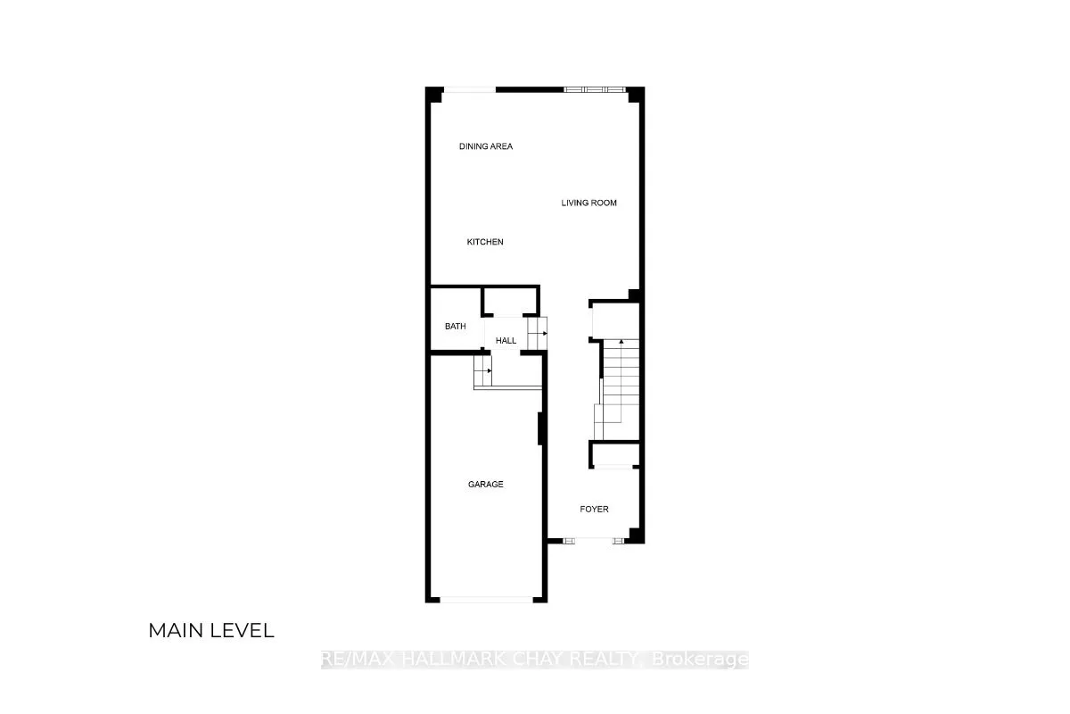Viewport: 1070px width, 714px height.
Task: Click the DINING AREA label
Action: pyautogui.click(x=486, y=146)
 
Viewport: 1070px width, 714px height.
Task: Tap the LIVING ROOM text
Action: pyautogui.click(x=588, y=203)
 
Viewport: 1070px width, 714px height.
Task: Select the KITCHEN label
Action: pyautogui.click(x=485, y=242)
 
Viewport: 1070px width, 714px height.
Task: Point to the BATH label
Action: pyautogui.click(x=455, y=327)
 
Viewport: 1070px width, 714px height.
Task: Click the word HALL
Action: pyautogui.click(x=506, y=341)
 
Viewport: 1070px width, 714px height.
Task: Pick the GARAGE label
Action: pyautogui.click(x=485, y=485)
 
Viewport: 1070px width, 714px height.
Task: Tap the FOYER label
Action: pyautogui.click(x=594, y=510)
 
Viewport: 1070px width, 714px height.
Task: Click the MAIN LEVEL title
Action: pyautogui.click(x=210, y=631)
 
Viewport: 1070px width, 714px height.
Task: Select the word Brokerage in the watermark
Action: pyautogui.click(x=700, y=660)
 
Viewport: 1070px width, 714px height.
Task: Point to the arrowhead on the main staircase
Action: pyautogui.click(x=621, y=342)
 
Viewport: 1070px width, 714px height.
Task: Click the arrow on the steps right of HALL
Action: pyautogui.click(x=541, y=333)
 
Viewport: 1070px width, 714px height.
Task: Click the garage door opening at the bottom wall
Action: pyautogui.click(x=485, y=600)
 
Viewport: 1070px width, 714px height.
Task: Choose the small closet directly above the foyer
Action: pyautogui.click(x=614, y=454)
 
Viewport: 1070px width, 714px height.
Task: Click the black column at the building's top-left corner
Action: pyautogui.click(x=432, y=95)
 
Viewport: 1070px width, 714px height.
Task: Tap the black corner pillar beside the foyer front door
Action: pyautogui.click(x=635, y=535)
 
